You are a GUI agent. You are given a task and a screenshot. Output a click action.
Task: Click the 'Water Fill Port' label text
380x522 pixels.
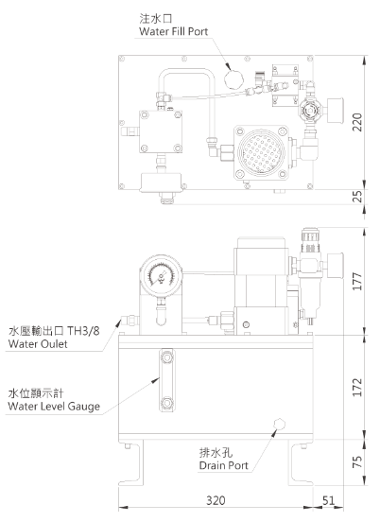(x=173, y=31)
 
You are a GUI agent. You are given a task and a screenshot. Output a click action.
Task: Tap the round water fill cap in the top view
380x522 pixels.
(x=233, y=79)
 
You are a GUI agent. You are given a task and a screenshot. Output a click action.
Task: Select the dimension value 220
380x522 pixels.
(x=357, y=122)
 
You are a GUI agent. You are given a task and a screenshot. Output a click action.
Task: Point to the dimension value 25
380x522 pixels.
(x=357, y=197)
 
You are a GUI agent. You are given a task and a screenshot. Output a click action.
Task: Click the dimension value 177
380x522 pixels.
(x=357, y=281)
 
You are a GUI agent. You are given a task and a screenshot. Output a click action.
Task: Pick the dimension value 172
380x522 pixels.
(x=357, y=387)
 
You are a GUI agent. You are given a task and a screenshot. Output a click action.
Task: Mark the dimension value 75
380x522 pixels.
(x=357, y=461)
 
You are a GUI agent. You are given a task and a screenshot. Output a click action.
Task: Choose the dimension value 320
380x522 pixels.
(x=216, y=500)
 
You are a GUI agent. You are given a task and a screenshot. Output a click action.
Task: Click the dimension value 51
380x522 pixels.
(x=328, y=500)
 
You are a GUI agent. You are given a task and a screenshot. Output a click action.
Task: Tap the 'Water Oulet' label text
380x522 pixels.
(x=38, y=344)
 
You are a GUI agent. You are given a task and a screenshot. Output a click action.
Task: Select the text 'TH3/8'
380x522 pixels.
(x=83, y=331)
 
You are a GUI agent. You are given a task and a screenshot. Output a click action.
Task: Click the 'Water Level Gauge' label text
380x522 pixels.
(x=54, y=406)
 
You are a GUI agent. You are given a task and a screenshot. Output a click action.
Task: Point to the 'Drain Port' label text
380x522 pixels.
(x=224, y=465)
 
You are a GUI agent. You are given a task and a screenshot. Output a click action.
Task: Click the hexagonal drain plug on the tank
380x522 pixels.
(x=279, y=424)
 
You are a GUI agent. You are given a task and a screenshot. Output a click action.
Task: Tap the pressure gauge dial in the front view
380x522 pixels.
(x=161, y=276)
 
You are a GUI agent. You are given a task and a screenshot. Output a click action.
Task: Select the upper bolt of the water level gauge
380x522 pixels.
(x=166, y=357)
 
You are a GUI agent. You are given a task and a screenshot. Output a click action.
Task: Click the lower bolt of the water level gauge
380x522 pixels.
(x=166, y=403)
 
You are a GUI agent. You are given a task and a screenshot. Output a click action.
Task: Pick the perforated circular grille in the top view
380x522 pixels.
(x=261, y=152)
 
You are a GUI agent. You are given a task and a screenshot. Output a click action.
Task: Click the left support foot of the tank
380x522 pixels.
(x=131, y=462)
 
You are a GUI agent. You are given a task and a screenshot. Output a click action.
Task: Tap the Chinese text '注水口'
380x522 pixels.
(x=156, y=18)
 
